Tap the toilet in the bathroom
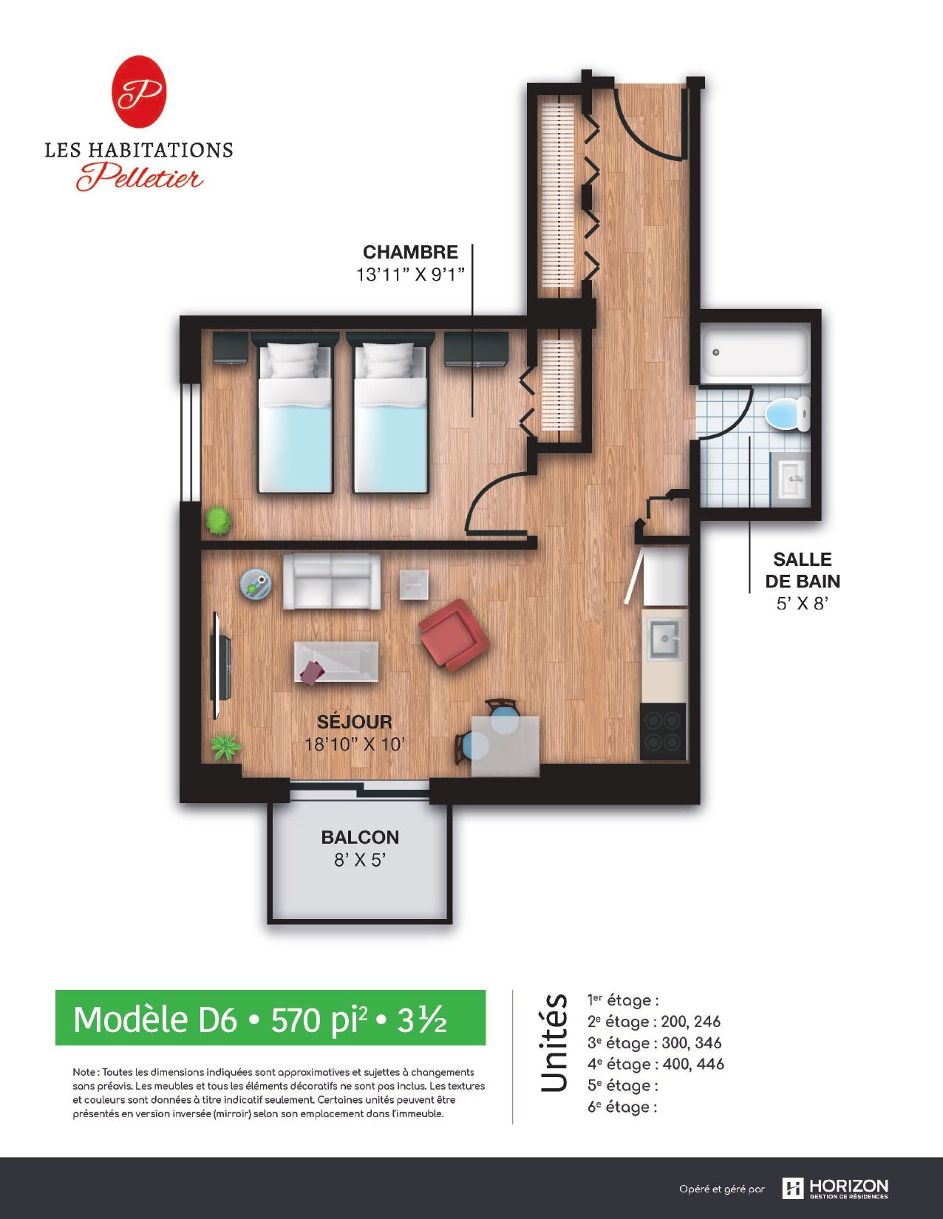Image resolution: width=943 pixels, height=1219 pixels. pyautogui.click(x=788, y=414)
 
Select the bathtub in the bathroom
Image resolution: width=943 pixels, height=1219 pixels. pyautogui.click(x=755, y=352)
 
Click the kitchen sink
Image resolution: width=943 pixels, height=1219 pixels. pyautogui.click(x=665, y=639)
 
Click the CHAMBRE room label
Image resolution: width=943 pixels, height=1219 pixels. pyautogui.click(x=410, y=252)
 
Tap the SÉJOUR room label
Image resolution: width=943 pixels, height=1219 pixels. pyautogui.click(x=355, y=721)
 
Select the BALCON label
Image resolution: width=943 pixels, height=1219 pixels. pyautogui.click(x=360, y=837)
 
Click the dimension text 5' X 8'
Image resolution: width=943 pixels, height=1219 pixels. pyautogui.click(x=802, y=604)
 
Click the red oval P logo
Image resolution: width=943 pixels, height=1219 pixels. pyautogui.click(x=139, y=92)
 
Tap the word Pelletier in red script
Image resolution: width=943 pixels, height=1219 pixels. pyautogui.click(x=140, y=177)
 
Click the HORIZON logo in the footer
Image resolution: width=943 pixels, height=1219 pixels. pyautogui.click(x=834, y=1187)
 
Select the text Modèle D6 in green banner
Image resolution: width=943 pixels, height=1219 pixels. pyautogui.click(x=155, y=1020)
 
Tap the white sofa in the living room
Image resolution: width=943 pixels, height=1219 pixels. pyautogui.click(x=331, y=581)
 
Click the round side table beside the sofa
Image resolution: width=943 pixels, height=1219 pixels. pyautogui.click(x=256, y=584)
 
